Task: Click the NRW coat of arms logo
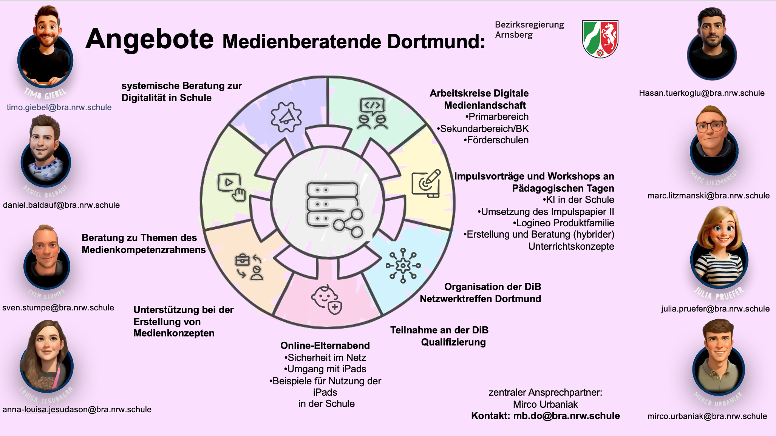(x=600, y=39)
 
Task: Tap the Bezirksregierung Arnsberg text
(x=529, y=29)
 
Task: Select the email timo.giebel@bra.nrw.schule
(x=59, y=107)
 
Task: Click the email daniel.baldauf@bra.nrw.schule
(x=61, y=205)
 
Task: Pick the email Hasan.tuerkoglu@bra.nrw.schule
(x=702, y=93)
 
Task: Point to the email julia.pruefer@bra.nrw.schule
(x=715, y=309)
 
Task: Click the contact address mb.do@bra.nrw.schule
(x=566, y=416)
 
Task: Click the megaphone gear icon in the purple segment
(x=286, y=117)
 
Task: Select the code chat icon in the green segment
(x=373, y=114)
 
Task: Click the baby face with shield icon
(x=326, y=299)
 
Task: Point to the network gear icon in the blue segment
(x=403, y=266)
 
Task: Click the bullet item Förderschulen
(x=496, y=140)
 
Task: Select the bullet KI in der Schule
(x=578, y=200)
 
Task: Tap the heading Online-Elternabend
(x=325, y=345)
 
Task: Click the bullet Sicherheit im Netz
(x=325, y=358)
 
